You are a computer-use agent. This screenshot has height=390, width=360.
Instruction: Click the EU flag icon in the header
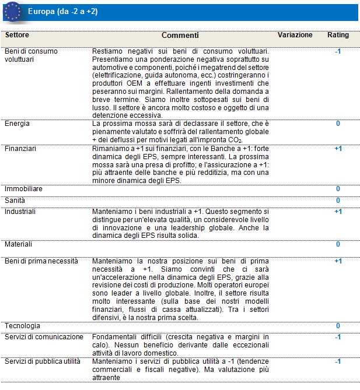(12, 11)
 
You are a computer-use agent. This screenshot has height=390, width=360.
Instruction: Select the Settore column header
(17, 35)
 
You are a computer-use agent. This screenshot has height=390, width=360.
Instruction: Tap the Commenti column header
(180, 35)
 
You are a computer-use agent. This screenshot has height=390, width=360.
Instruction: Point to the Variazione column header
(295, 35)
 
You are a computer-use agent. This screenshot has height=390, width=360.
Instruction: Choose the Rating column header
(338, 35)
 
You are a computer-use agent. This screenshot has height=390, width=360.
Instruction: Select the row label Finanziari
(20, 149)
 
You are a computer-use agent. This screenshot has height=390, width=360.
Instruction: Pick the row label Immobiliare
(24, 189)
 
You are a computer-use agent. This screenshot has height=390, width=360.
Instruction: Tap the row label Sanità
(15, 201)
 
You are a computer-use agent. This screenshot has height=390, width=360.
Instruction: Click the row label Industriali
(20, 211)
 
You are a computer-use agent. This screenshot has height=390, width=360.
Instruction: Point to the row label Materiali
(18, 244)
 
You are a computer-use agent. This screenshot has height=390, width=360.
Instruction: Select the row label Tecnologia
(23, 325)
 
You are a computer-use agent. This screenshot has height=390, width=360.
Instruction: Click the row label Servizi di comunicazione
(44, 337)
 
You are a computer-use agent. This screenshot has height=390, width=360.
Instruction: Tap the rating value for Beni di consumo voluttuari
(338, 51)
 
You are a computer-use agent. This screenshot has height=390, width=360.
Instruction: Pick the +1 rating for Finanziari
(338, 149)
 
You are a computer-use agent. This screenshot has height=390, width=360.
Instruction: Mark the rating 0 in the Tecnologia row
(338, 325)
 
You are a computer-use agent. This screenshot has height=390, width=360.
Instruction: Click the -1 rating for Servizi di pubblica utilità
(338, 361)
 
